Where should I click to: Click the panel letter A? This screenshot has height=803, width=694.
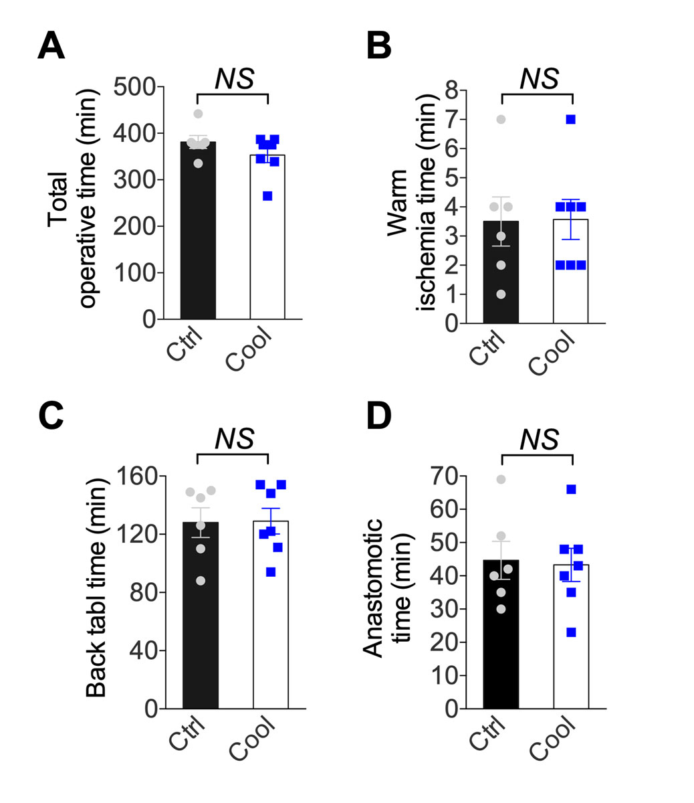coord(51,46)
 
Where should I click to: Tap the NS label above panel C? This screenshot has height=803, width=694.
coord(234,438)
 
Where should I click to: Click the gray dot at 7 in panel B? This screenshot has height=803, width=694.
coord(501,119)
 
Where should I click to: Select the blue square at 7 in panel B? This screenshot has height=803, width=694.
coord(571,119)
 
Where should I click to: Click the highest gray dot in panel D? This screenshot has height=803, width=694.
coord(501,479)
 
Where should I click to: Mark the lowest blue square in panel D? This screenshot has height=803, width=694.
coord(571,632)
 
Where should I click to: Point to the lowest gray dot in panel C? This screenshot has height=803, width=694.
coord(201,580)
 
